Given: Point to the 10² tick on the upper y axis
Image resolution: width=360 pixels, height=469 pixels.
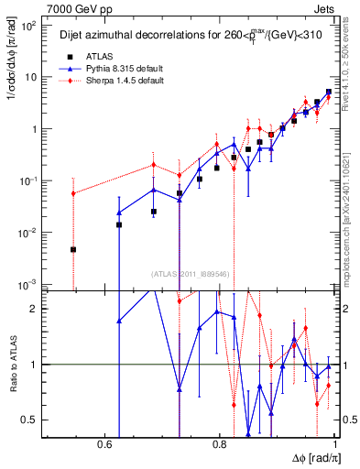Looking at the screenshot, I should pos(29,25).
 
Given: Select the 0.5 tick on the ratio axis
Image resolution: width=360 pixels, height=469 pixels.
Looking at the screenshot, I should pos(31,420).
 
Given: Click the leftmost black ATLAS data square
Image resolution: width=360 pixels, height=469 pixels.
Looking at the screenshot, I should pos(73,249).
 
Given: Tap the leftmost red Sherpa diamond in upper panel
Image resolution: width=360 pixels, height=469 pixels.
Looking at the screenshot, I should pos(73,193).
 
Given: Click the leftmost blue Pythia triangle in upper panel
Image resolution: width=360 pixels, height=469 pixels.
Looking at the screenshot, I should pos(119,213).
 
